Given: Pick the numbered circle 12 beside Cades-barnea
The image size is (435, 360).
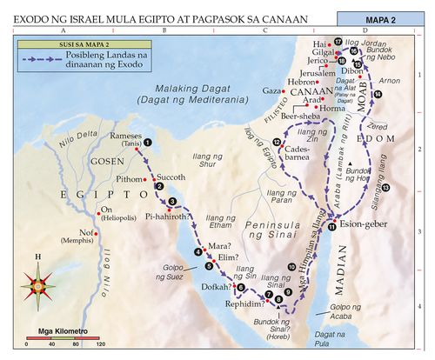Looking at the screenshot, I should (x=277, y=143).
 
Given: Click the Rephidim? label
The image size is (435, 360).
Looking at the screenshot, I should (x=243, y=303).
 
